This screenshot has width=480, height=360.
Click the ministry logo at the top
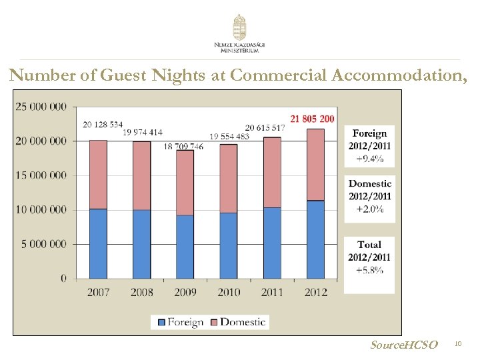pyautogui.click(x=239, y=33)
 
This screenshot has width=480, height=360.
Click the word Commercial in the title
pyautogui.click(x=278, y=76)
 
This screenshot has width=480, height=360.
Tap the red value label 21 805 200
pyautogui.click(x=311, y=119)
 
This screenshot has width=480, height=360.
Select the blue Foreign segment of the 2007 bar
pyautogui.click(x=98, y=243)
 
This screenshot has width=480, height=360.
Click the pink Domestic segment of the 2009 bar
pyautogui.click(x=185, y=183)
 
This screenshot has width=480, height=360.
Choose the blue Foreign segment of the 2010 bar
pyautogui.click(x=229, y=245)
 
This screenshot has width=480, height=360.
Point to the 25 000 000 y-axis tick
pyautogui.click(x=41, y=107)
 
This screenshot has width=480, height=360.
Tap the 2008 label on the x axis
pyautogui.click(x=141, y=291)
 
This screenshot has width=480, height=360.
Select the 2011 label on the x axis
pyautogui.click(x=272, y=291)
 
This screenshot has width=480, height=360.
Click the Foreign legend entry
pyautogui.click(x=180, y=323)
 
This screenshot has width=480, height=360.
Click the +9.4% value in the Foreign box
pyautogui.click(x=369, y=159)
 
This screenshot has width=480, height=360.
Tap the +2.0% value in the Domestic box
pyautogui.click(x=369, y=209)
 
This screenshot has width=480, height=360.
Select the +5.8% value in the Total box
pyautogui.click(x=369, y=270)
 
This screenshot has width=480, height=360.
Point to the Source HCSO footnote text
pyautogui.click(x=404, y=345)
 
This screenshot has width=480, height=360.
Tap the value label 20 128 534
pyautogui.click(x=103, y=124)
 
